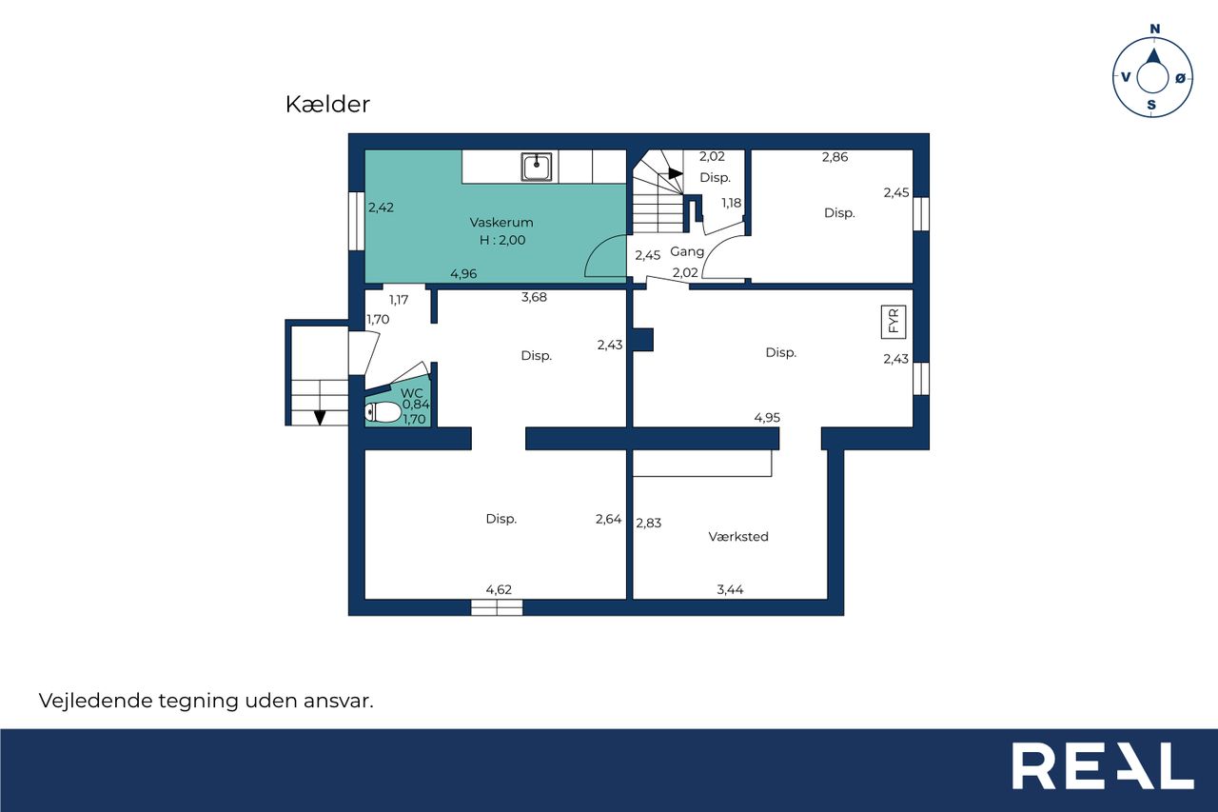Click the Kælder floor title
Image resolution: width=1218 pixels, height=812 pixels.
click(x=327, y=105)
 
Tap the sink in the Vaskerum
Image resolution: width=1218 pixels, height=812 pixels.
click(x=537, y=167)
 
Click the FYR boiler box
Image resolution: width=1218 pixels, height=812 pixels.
click(x=894, y=322)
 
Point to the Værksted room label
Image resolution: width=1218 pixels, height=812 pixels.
click(x=738, y=537)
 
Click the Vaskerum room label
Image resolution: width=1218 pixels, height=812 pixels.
click(x=501, y=223)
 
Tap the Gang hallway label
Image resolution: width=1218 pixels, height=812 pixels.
click(x=687, y=251)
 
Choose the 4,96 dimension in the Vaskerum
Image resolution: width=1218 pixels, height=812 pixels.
click(x=463, y=273)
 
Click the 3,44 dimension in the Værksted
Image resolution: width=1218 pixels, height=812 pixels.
click(x=730, y=589)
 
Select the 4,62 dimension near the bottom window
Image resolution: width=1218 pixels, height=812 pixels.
click(x=499, y=589)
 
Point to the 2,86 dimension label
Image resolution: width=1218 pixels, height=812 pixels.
click(x=835, y=157)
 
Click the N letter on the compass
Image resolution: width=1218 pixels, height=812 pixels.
click(x=1155, y=29)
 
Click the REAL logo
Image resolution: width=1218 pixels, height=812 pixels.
click(x=1103, y=765)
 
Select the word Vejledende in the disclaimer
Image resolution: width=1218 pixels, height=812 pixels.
click(x=95, y=701)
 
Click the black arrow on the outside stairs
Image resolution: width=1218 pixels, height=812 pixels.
click(x=320, y=418)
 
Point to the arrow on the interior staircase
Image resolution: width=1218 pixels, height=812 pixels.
click(x=676, y=173)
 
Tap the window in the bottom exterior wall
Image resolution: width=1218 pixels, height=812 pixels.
click(x=497, y=607)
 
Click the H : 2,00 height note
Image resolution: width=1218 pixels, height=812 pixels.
click(x=502, y=241)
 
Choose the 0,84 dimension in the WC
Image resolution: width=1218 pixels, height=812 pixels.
click(x=416, y=405)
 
